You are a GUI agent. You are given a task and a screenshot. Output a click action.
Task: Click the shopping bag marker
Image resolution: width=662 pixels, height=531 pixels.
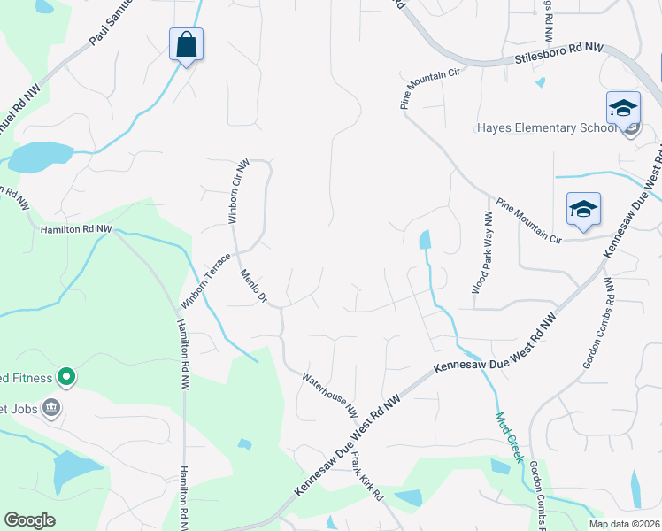coord(186,45)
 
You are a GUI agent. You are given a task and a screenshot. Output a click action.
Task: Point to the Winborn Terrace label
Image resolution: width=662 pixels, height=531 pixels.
coord(205,281)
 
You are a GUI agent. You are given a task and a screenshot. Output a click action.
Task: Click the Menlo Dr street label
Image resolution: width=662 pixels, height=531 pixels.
coord(253,286)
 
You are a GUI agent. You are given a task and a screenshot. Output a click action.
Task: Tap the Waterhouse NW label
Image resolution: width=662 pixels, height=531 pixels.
coord(329,396)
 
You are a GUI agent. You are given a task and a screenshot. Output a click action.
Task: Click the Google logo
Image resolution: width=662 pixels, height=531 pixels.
coord(29,520)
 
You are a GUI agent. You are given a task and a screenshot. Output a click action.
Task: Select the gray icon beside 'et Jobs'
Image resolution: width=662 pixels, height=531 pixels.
coord(51,408)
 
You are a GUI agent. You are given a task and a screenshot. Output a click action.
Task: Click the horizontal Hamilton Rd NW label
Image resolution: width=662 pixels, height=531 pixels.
coord(76,228)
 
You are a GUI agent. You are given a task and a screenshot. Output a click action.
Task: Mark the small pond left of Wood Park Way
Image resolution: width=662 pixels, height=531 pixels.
coord(425,240)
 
